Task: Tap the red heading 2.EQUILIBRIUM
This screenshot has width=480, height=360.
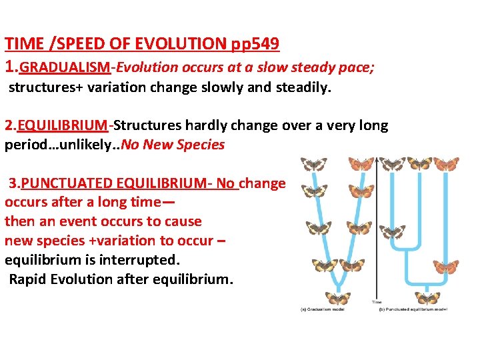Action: pyautogui.click(x=56, y=125)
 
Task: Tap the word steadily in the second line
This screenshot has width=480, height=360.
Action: pyautogui.click(x=303, y=87)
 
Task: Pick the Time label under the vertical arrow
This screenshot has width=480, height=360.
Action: pyautogui.click(x=377, y=302)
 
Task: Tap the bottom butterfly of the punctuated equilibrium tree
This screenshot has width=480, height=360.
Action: pyautogui.click(x=427, y=297)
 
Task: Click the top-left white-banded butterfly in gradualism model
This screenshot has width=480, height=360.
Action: pyautogui.click(x=312, y=164)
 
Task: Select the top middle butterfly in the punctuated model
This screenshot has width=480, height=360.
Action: pyautogui.click(x=421, y=164)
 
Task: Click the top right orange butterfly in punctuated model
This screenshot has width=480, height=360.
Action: pyautogui.click(x=447, y=164)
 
